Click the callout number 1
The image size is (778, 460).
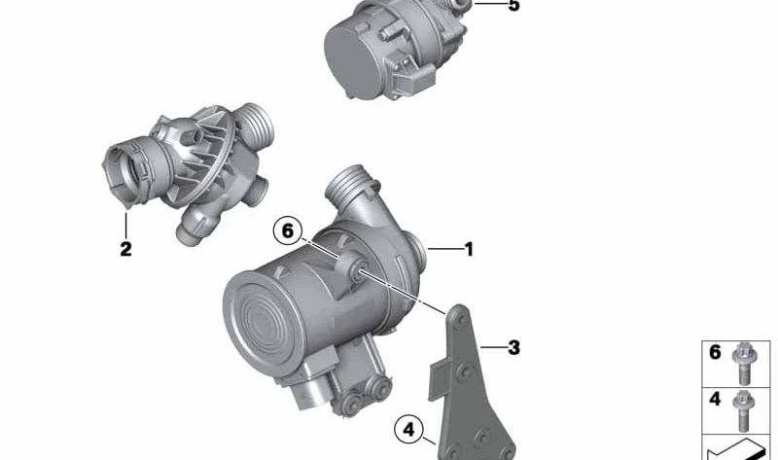pyautogui.click(x=469, y=249)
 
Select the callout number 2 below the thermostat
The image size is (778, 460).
pyautogui.click(x=125, y=249)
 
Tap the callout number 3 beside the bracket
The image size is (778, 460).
pyautogui.click(x=513, y=348)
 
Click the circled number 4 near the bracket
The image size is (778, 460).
pyautogui.click(x=408, y=430)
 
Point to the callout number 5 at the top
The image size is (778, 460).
pyautogui.click(x=513, y=5)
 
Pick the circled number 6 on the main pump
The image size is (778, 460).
pyautogui.click(x=288, y=231)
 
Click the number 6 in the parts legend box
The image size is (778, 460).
pyautogui.click(x=715, y=352)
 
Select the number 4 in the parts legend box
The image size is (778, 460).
pyautogui.click(x=715, y=399)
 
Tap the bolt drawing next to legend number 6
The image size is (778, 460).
pyautogui.click(x=743, y=364)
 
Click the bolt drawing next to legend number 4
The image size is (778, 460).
pyautogui.click(x=743, y=410)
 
